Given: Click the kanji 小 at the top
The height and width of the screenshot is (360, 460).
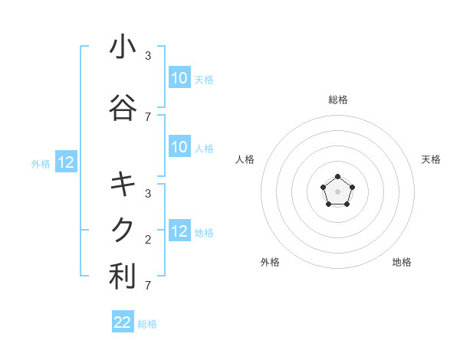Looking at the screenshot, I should click(123, 47).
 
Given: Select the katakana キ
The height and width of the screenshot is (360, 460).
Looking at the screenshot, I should click(123, 185).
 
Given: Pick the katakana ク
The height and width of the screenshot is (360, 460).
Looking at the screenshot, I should click(123, 229).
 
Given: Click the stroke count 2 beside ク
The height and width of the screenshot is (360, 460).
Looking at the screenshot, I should click(147, 240).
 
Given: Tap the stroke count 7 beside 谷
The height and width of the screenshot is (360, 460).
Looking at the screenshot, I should click(147, 117).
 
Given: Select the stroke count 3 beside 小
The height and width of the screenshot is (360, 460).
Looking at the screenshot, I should click(147, 56).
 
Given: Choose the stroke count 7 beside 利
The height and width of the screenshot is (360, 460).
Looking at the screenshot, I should click(147, 286).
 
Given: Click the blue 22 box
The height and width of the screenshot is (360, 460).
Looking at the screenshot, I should click(123, 322).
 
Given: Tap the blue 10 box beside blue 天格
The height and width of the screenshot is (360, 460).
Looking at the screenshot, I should click(179, 78).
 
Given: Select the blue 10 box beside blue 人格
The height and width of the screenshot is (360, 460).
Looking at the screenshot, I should click(179, 148).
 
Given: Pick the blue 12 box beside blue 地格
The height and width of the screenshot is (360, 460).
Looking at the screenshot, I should click(179, 232).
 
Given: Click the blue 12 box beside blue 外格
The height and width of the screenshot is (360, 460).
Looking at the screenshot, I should click(66, 162).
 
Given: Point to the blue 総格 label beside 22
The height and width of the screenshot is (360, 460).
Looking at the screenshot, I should click(148, 324).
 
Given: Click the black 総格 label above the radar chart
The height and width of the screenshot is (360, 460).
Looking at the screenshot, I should click(337, 100).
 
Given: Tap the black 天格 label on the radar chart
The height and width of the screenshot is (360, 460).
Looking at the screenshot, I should click(431, 159).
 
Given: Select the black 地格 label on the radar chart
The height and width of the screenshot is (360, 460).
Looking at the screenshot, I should click(402, 262).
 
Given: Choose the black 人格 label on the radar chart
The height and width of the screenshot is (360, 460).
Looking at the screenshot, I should click(245, 159).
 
